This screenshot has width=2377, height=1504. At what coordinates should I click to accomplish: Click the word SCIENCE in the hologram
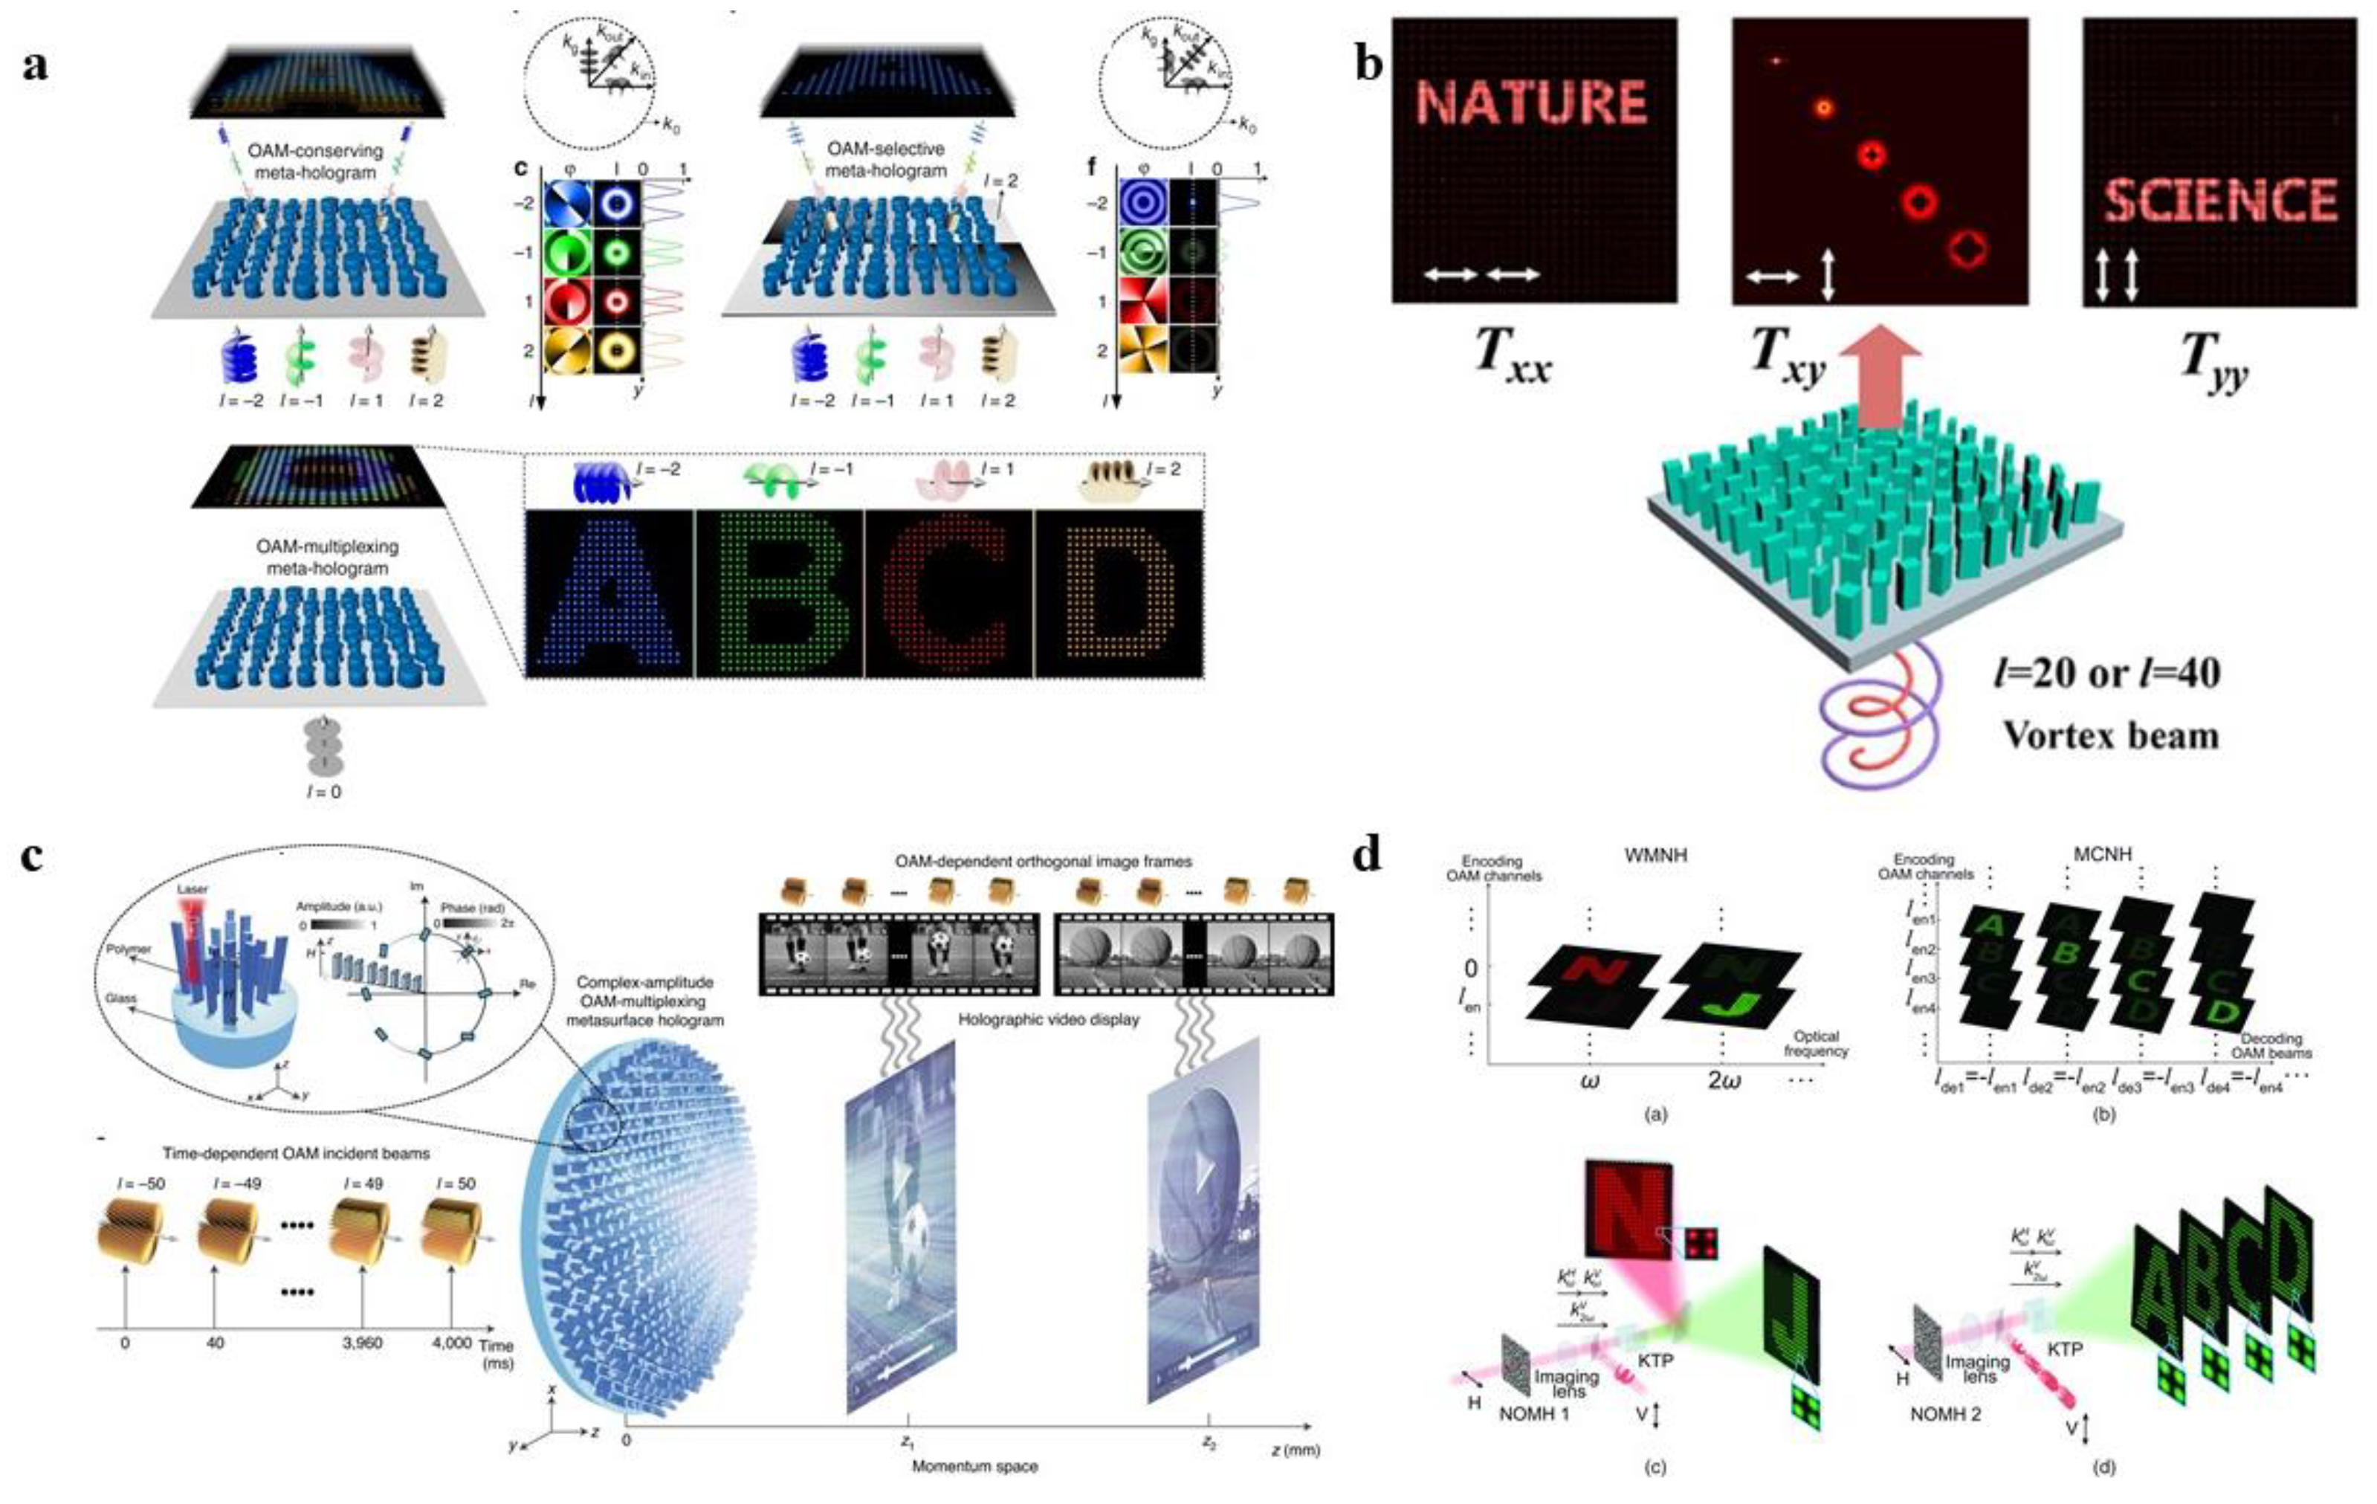(2219, 201)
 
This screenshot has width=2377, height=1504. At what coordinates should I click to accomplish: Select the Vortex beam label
(2110, 736)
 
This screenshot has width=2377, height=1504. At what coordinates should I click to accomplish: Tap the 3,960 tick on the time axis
(362, 1343)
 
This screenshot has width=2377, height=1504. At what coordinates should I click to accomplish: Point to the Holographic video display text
(1048, 1019)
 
